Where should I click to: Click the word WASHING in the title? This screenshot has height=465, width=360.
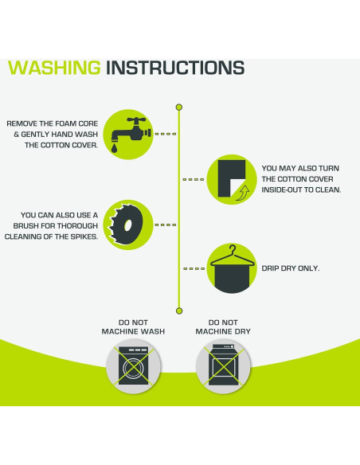tap(55, 68)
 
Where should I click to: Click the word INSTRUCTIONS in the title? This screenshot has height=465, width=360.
tap(175, 68)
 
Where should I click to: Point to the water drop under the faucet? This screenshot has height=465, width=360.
tap(114, 147)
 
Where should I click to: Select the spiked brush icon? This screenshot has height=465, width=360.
tap(126, 225)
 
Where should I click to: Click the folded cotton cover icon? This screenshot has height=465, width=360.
tap(232, 179)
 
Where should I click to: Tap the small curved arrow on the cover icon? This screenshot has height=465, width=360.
tap(243, 193)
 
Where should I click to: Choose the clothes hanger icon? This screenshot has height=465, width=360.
tap(233, 268)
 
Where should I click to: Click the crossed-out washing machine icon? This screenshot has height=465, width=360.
tap(134, 366)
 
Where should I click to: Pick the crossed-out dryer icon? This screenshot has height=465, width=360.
tap(223, 366)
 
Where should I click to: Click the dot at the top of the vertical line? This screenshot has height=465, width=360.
tap(179, 107)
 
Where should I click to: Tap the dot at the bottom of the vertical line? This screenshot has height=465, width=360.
tap(179, 311)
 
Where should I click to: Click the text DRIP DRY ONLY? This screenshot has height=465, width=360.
tap(291, 268)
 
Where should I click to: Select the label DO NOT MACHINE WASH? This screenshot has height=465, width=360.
tap(133, 326)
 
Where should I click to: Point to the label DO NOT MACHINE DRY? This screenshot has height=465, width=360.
tap(223, 326)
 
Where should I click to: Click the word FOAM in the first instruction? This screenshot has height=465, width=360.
tap(67, 123)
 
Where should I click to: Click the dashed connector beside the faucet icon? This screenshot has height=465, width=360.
tap(166, 134)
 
